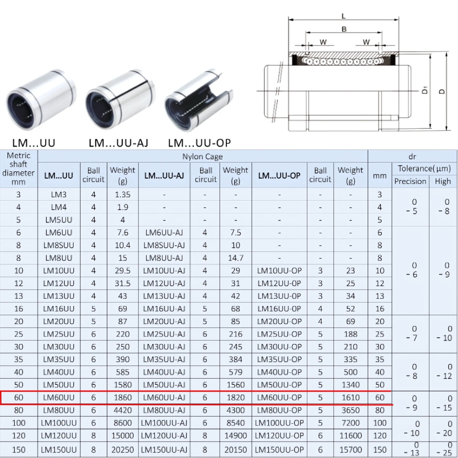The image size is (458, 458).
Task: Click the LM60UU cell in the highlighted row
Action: click(59, 398)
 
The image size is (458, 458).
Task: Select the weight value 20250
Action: click(122, 450)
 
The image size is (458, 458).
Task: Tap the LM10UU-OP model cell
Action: click(279, 271)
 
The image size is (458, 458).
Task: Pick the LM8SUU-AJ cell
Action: click(164, 245)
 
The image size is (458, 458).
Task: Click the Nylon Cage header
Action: click(202, 157)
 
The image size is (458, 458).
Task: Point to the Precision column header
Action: click(410, 181)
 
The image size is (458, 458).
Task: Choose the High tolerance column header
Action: click(443, 181)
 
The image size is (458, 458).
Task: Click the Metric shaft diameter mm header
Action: click(18, 169)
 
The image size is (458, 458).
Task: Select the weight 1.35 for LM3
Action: click(122, 195)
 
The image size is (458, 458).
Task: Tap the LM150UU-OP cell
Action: click(279, 450)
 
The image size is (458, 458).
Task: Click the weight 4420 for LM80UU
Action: click(122, 410)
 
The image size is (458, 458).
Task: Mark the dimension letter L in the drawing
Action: click(343, 16)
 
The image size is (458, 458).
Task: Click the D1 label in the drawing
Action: click(425, 90)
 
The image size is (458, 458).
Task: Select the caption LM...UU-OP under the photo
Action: click(199, 143)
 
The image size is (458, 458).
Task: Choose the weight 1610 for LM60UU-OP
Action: click(350, 398)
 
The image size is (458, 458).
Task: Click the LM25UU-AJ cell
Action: click(164, 334)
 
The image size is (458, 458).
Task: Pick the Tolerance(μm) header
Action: click(424, 169)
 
